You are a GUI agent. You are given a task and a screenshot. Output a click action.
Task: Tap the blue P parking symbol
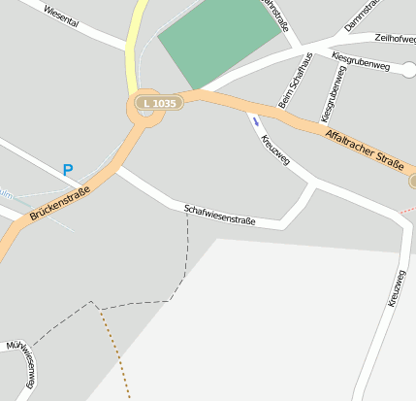[x=68, y=170]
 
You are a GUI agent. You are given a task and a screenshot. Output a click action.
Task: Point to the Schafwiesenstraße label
[x=219, y=215]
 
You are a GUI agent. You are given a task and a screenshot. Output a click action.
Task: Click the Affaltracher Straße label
[x=364, y=150]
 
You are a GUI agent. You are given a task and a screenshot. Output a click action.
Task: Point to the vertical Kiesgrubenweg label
[x=330, y=97]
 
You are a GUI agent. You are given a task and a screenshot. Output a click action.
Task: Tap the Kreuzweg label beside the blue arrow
[x=275, y=148]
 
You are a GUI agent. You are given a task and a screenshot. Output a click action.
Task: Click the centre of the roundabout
[x=145, y=111]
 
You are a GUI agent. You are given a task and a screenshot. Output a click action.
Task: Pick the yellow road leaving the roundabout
[x=137, y=39]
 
